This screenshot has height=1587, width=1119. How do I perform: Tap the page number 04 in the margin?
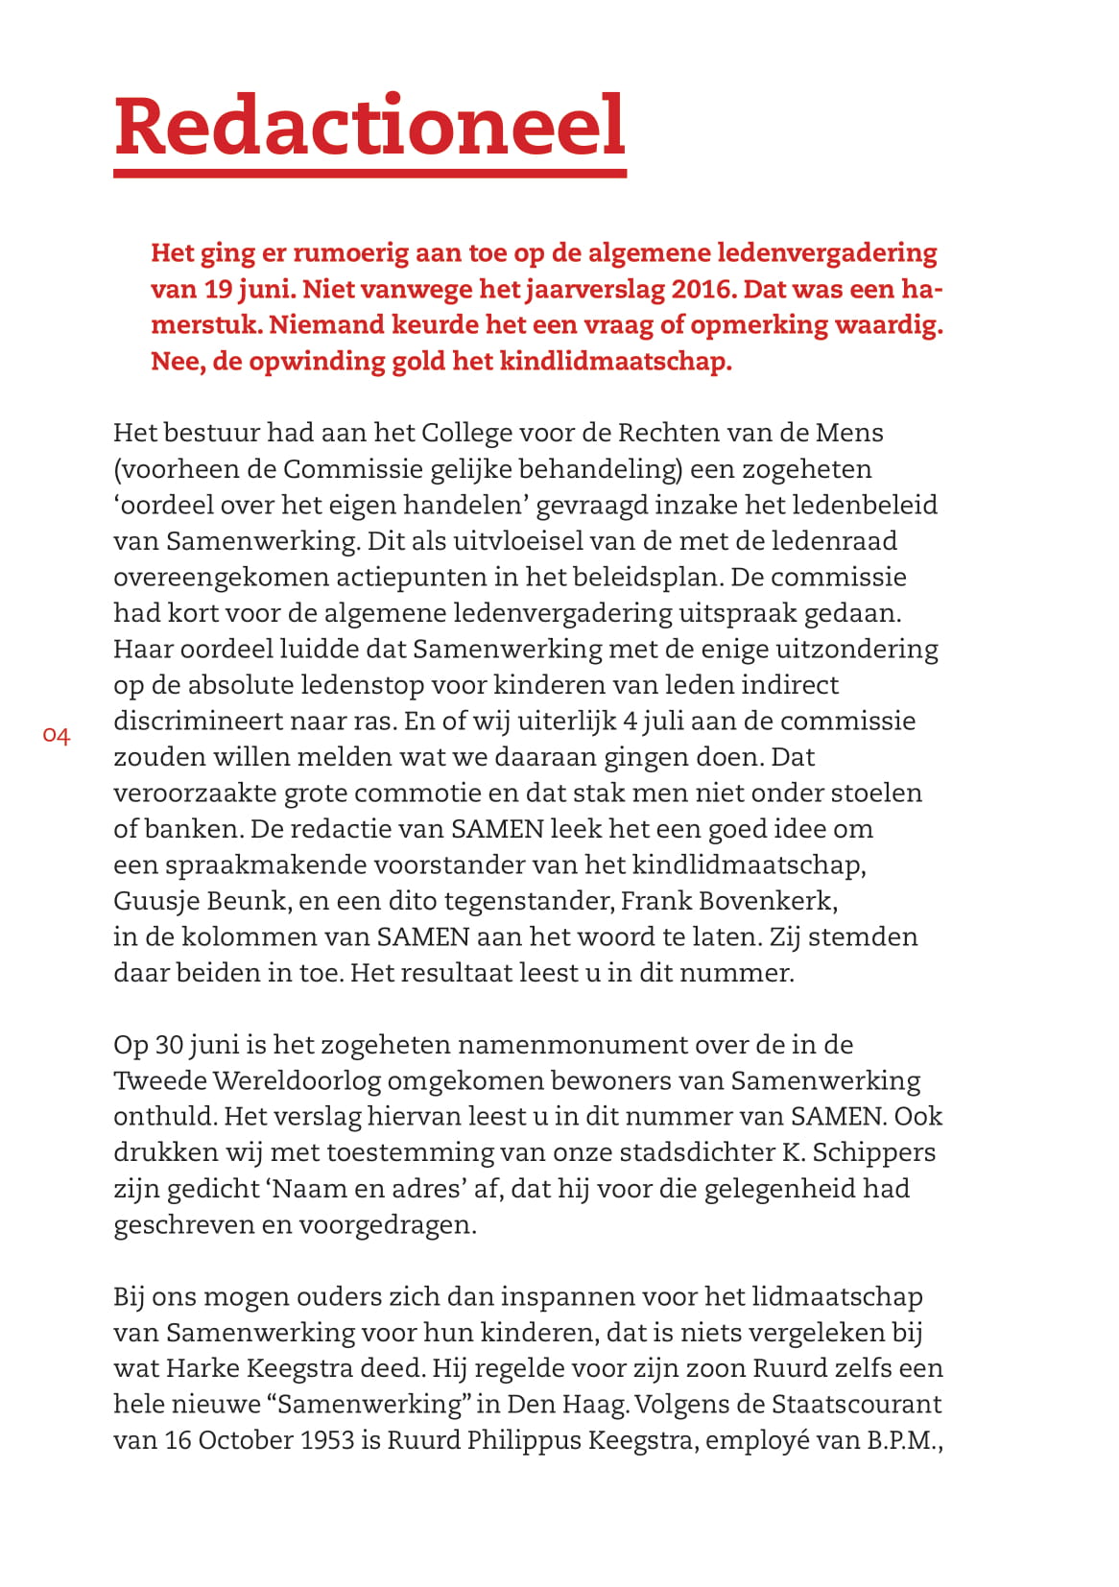pos(57,737)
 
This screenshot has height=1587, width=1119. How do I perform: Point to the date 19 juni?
pos(246,289)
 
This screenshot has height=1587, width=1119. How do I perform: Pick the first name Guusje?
pos(155,901)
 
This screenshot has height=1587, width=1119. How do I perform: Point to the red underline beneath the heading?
pos(369,173)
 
